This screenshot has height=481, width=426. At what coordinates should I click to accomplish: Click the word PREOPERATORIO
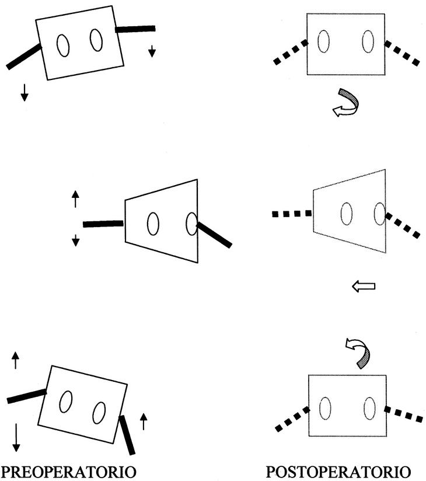click(x=70, y=471)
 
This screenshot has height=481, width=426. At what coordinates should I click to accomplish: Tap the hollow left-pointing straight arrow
click(x=364, y=286)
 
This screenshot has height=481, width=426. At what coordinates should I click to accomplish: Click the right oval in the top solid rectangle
click(x=96, y=40)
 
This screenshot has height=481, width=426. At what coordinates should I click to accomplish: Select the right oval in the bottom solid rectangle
click(x=99, y=413)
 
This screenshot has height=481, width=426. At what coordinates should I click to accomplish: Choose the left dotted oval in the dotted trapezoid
click(x=347, y=212)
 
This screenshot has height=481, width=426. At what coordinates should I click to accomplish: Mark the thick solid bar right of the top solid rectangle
click(x=135, y=28)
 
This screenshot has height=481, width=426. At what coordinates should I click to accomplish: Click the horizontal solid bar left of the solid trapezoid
click(x=103, y=224)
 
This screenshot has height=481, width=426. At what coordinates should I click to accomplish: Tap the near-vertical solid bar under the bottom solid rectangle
click(x=127, y=434)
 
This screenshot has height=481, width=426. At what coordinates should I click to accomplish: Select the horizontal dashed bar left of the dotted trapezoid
click(x=292, y=214)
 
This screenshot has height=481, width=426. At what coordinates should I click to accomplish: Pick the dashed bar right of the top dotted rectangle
click(x=402, y=52)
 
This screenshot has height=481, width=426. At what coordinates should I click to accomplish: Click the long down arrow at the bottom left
click(x=16, y=437)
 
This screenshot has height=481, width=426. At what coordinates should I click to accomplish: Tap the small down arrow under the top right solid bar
click(x=152, y=51)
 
